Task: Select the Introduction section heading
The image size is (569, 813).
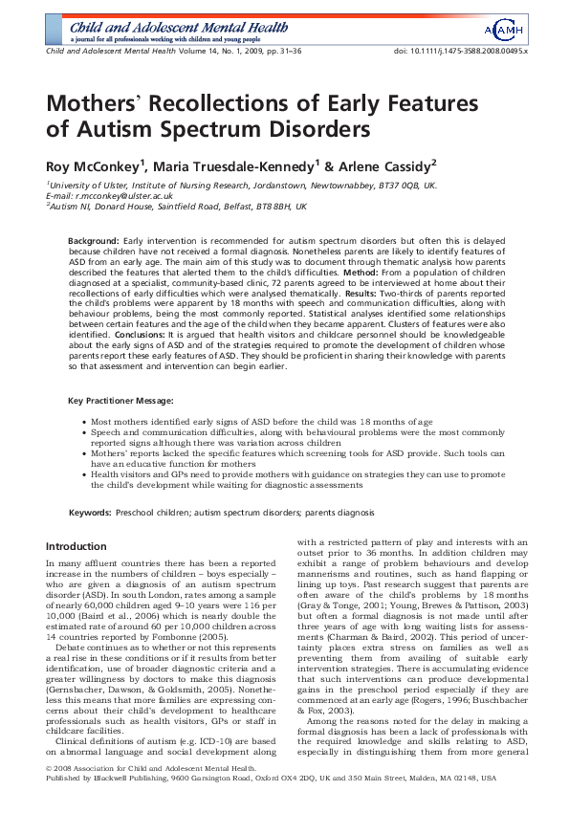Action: pyautogui.click(x=77, y=546)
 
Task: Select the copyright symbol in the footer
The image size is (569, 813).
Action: pyautogui.click(x=49, y=793)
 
